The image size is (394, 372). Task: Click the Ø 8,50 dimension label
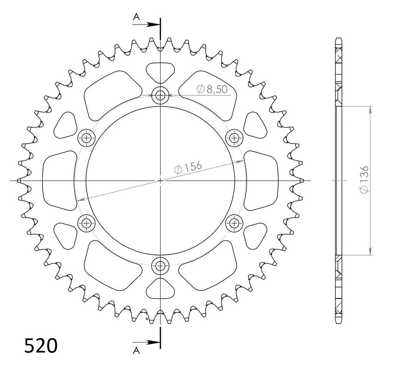[x=212, y=89]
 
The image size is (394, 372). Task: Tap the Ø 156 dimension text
[x=188, y=168]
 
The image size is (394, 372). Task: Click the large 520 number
[x=41, y=345]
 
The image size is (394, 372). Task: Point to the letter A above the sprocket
[x=136, y=17]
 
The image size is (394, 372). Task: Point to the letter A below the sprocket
[x=136, y=350]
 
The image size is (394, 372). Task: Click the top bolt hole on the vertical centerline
[x=160, y=95]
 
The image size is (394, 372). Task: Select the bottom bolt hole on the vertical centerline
[x=160, y=265]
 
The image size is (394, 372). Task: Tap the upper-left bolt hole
[x=87, y=138]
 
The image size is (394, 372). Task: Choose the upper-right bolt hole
[x=234, y=138]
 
